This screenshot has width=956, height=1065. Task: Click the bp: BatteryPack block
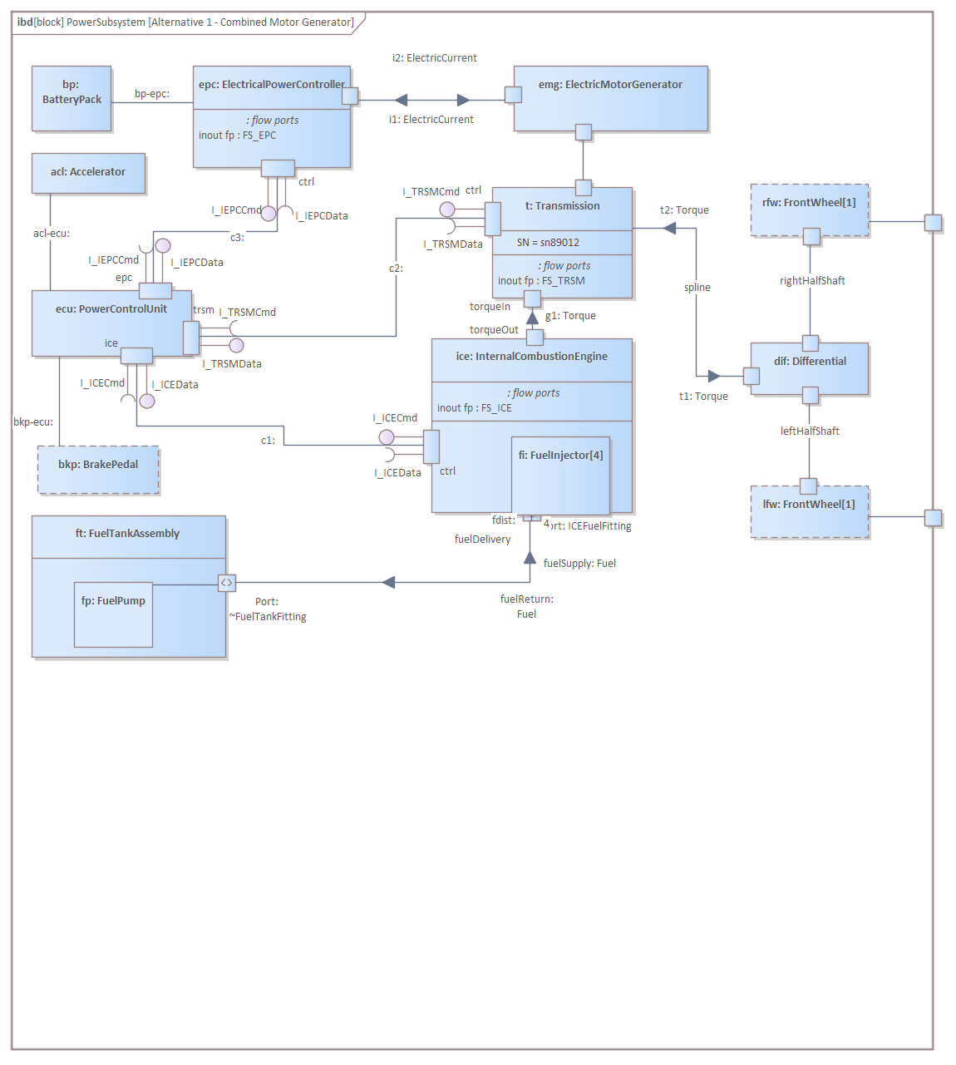click(71, 98)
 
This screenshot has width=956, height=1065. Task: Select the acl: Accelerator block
click(88, 173)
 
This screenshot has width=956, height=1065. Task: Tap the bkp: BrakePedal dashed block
click(98, 470)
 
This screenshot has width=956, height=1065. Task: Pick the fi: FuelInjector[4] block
click(561, 476)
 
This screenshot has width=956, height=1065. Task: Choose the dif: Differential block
click(810, 368)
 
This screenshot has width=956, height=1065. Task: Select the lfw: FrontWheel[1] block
click(810, 510)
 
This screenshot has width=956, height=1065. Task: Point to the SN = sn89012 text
click(548, 243)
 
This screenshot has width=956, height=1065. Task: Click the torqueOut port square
click(535, 338)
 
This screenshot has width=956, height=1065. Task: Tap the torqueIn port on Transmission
click(533, 298)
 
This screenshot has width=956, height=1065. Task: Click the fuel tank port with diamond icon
click(227, 583)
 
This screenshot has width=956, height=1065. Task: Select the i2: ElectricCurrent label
click(434, 58)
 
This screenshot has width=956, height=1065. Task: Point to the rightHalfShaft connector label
click(812, 281)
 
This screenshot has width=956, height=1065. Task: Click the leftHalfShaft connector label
click(810, 431)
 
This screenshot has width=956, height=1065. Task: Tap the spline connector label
click(697, 288)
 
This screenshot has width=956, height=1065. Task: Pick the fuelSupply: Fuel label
click(579, 564)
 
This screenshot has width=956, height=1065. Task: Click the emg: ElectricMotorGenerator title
click(610, 85)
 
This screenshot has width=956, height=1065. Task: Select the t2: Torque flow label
click(684, 210)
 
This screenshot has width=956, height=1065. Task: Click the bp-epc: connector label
click(152, 94)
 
